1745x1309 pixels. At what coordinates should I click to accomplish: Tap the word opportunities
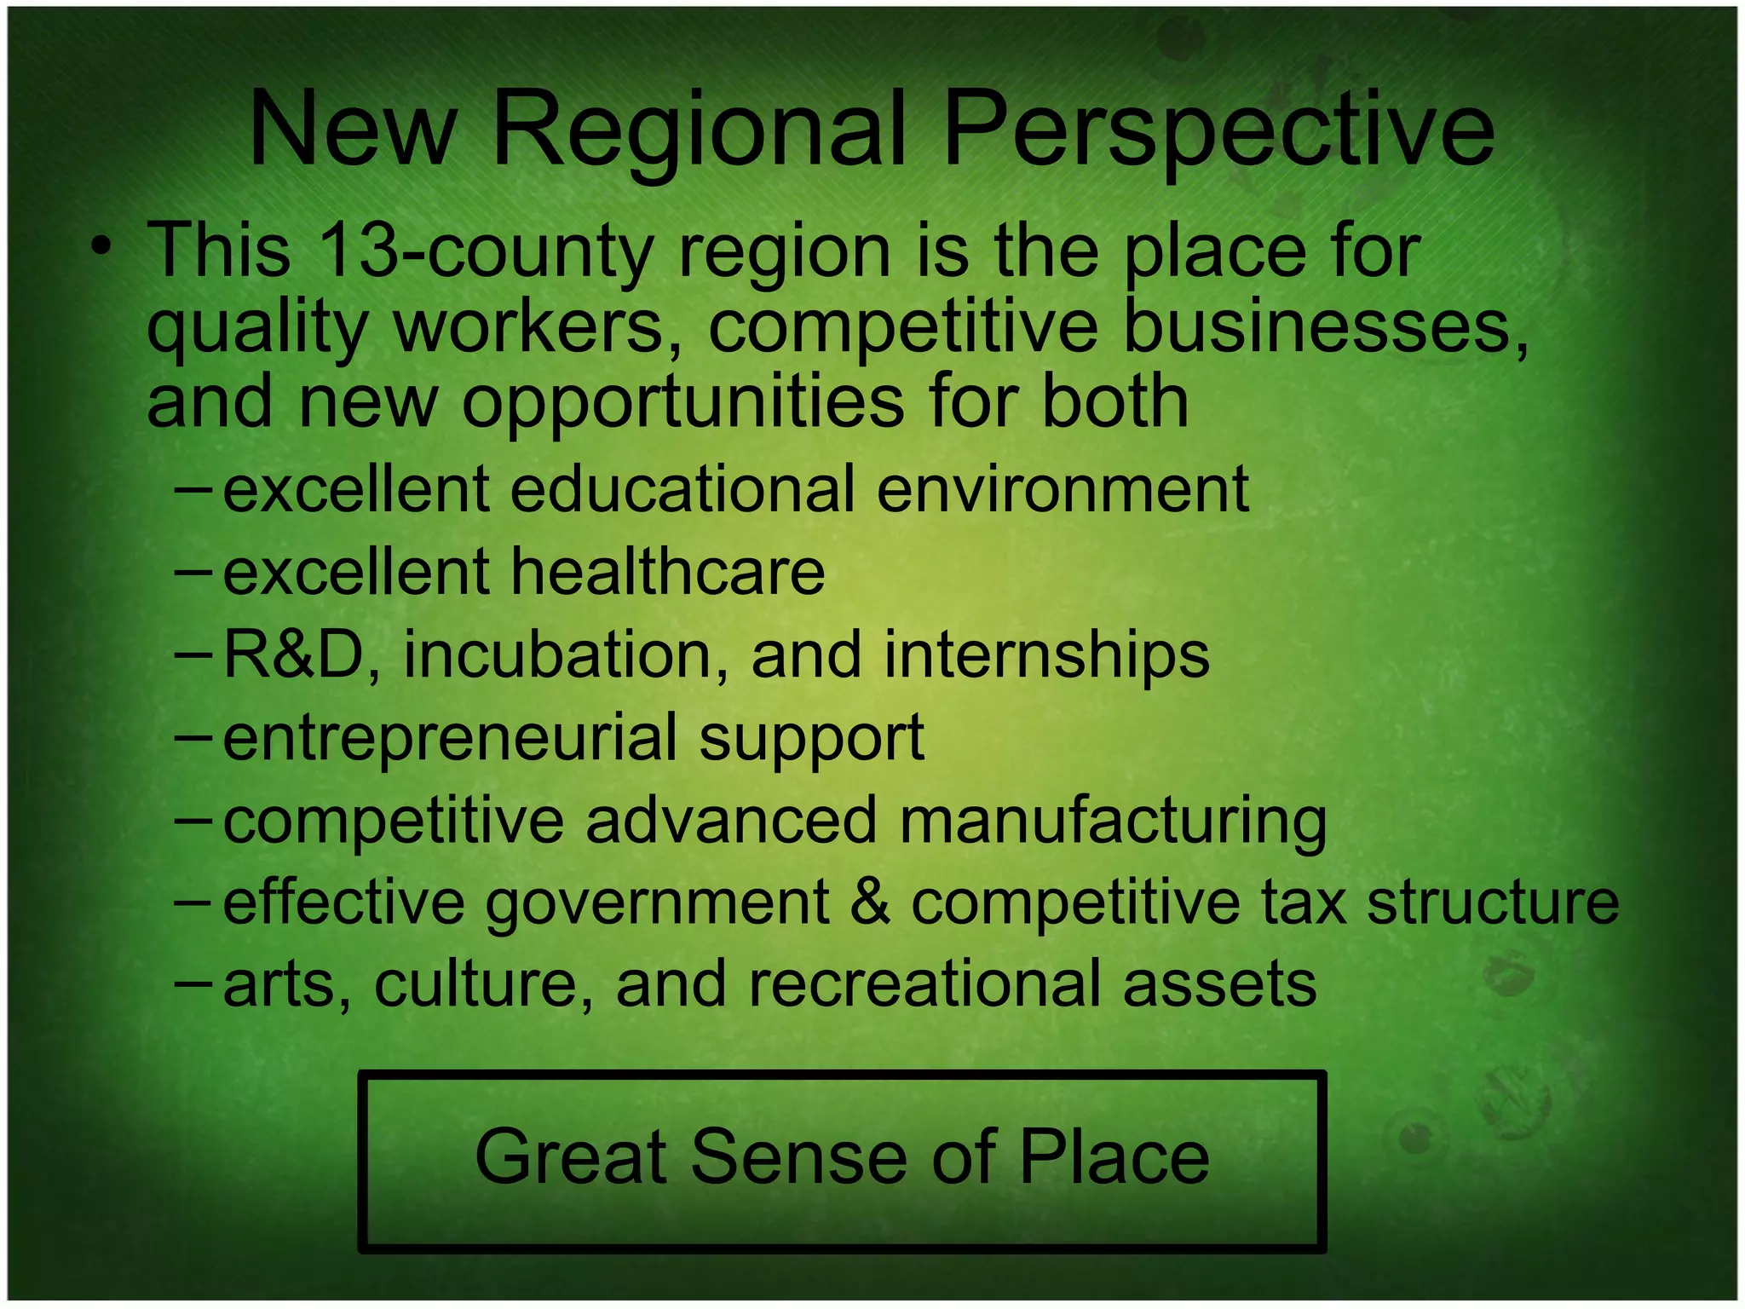[x=682, y=402]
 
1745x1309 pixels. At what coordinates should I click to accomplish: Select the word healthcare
[x=669, y=572]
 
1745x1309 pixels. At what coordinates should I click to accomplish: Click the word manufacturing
[x=1113, y=821]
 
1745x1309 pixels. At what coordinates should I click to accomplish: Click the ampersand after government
[x=871, y=902]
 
